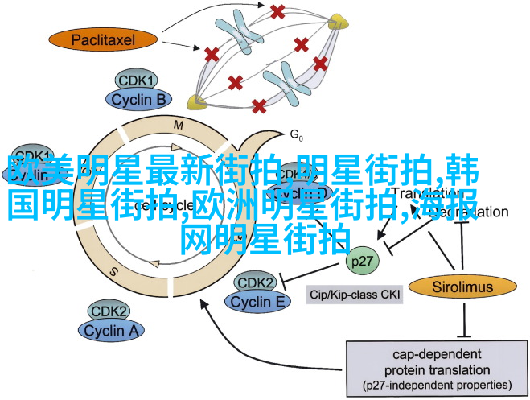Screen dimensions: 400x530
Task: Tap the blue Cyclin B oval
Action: [137, 99]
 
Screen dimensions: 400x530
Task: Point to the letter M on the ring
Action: [179, 124]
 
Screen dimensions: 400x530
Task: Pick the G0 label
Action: [295, 134]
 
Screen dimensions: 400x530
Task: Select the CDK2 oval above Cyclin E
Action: [257, 283]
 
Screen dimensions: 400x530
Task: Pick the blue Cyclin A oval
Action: [111, 329]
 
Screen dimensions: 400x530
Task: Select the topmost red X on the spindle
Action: [277, 12]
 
